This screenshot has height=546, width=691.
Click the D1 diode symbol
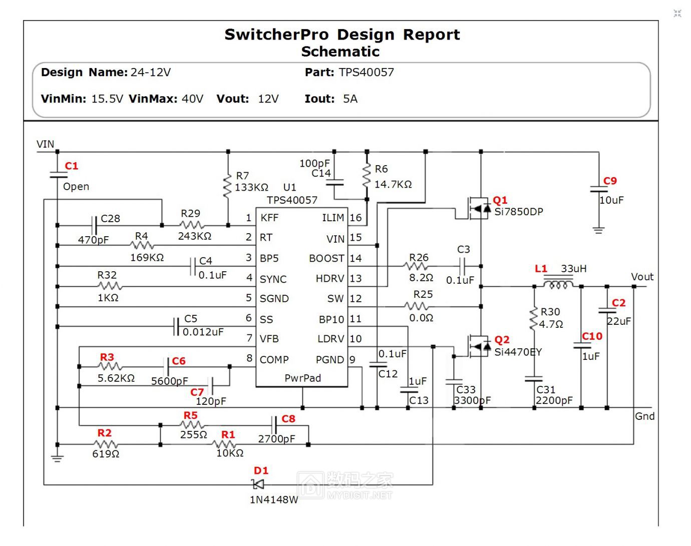(x=258, y=484)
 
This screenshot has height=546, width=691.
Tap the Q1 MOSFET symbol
(x=479, y=208)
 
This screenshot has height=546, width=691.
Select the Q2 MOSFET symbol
(x=479, y=346)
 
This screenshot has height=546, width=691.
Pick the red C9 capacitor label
(x=610, y=181)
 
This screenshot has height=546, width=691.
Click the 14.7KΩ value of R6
(x=393, y=184)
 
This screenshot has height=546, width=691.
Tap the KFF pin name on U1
(x=269, y=218)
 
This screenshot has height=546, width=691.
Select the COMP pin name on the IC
(x=274, y=359)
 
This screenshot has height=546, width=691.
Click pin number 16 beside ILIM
(x=356, y=218)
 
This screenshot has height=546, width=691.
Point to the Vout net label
(x=642, y=277)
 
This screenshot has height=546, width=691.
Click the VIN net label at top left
(x=45, y=144)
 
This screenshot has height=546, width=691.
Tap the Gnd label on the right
(x=644, y=416)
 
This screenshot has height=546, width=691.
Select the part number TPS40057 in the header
(x=366, y=72)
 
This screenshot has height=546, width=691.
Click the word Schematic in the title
(x=340, y=52)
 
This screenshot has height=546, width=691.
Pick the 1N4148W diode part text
(x=273, y=499)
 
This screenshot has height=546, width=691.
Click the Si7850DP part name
(x=519, y=212)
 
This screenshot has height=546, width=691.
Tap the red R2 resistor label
(x=104, y=433)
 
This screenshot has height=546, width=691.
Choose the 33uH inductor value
(x=573, y=269)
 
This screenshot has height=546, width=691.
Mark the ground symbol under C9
(x=598, y=230)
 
